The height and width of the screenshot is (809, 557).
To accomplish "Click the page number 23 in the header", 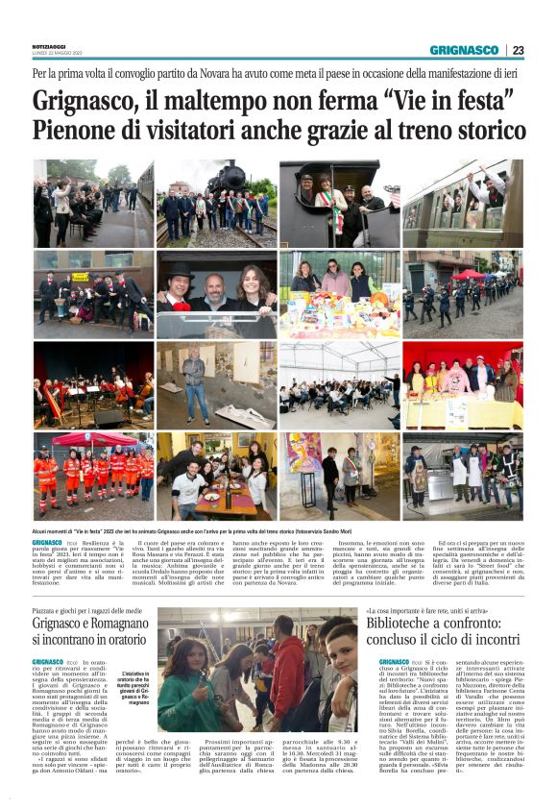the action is pyautogui.click(x=518, y=50).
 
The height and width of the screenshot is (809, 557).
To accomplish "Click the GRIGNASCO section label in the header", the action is pyautogui.click(x=464, y=50).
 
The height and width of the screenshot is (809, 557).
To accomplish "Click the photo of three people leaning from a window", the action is pyautogui.click(x=217, y=296).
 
